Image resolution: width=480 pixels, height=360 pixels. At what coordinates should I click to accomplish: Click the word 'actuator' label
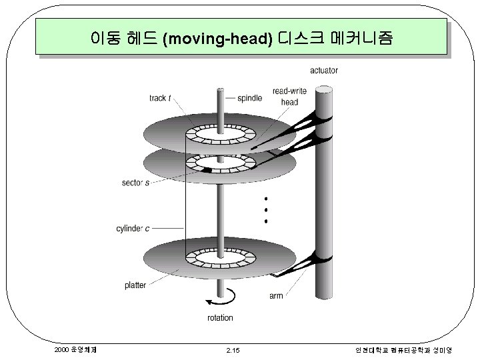(x=323, y=70)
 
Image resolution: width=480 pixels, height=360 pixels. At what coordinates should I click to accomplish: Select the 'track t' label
(x=160, y=98)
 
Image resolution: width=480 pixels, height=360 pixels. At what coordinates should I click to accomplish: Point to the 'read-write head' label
(x=289, y=97)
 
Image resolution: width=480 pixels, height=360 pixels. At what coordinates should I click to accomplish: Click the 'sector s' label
(x=135, y=182)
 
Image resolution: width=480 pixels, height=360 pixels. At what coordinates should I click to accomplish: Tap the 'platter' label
(x=135, y=285)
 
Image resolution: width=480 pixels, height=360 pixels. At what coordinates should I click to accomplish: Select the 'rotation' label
(x=220, y=317)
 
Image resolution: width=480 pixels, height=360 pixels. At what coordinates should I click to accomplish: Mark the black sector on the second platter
(x=207, y=170)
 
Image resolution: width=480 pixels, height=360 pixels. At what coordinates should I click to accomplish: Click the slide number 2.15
(x=233, y=350)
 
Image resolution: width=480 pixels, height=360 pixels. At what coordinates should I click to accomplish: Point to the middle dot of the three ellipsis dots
(x=265, y=209)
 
